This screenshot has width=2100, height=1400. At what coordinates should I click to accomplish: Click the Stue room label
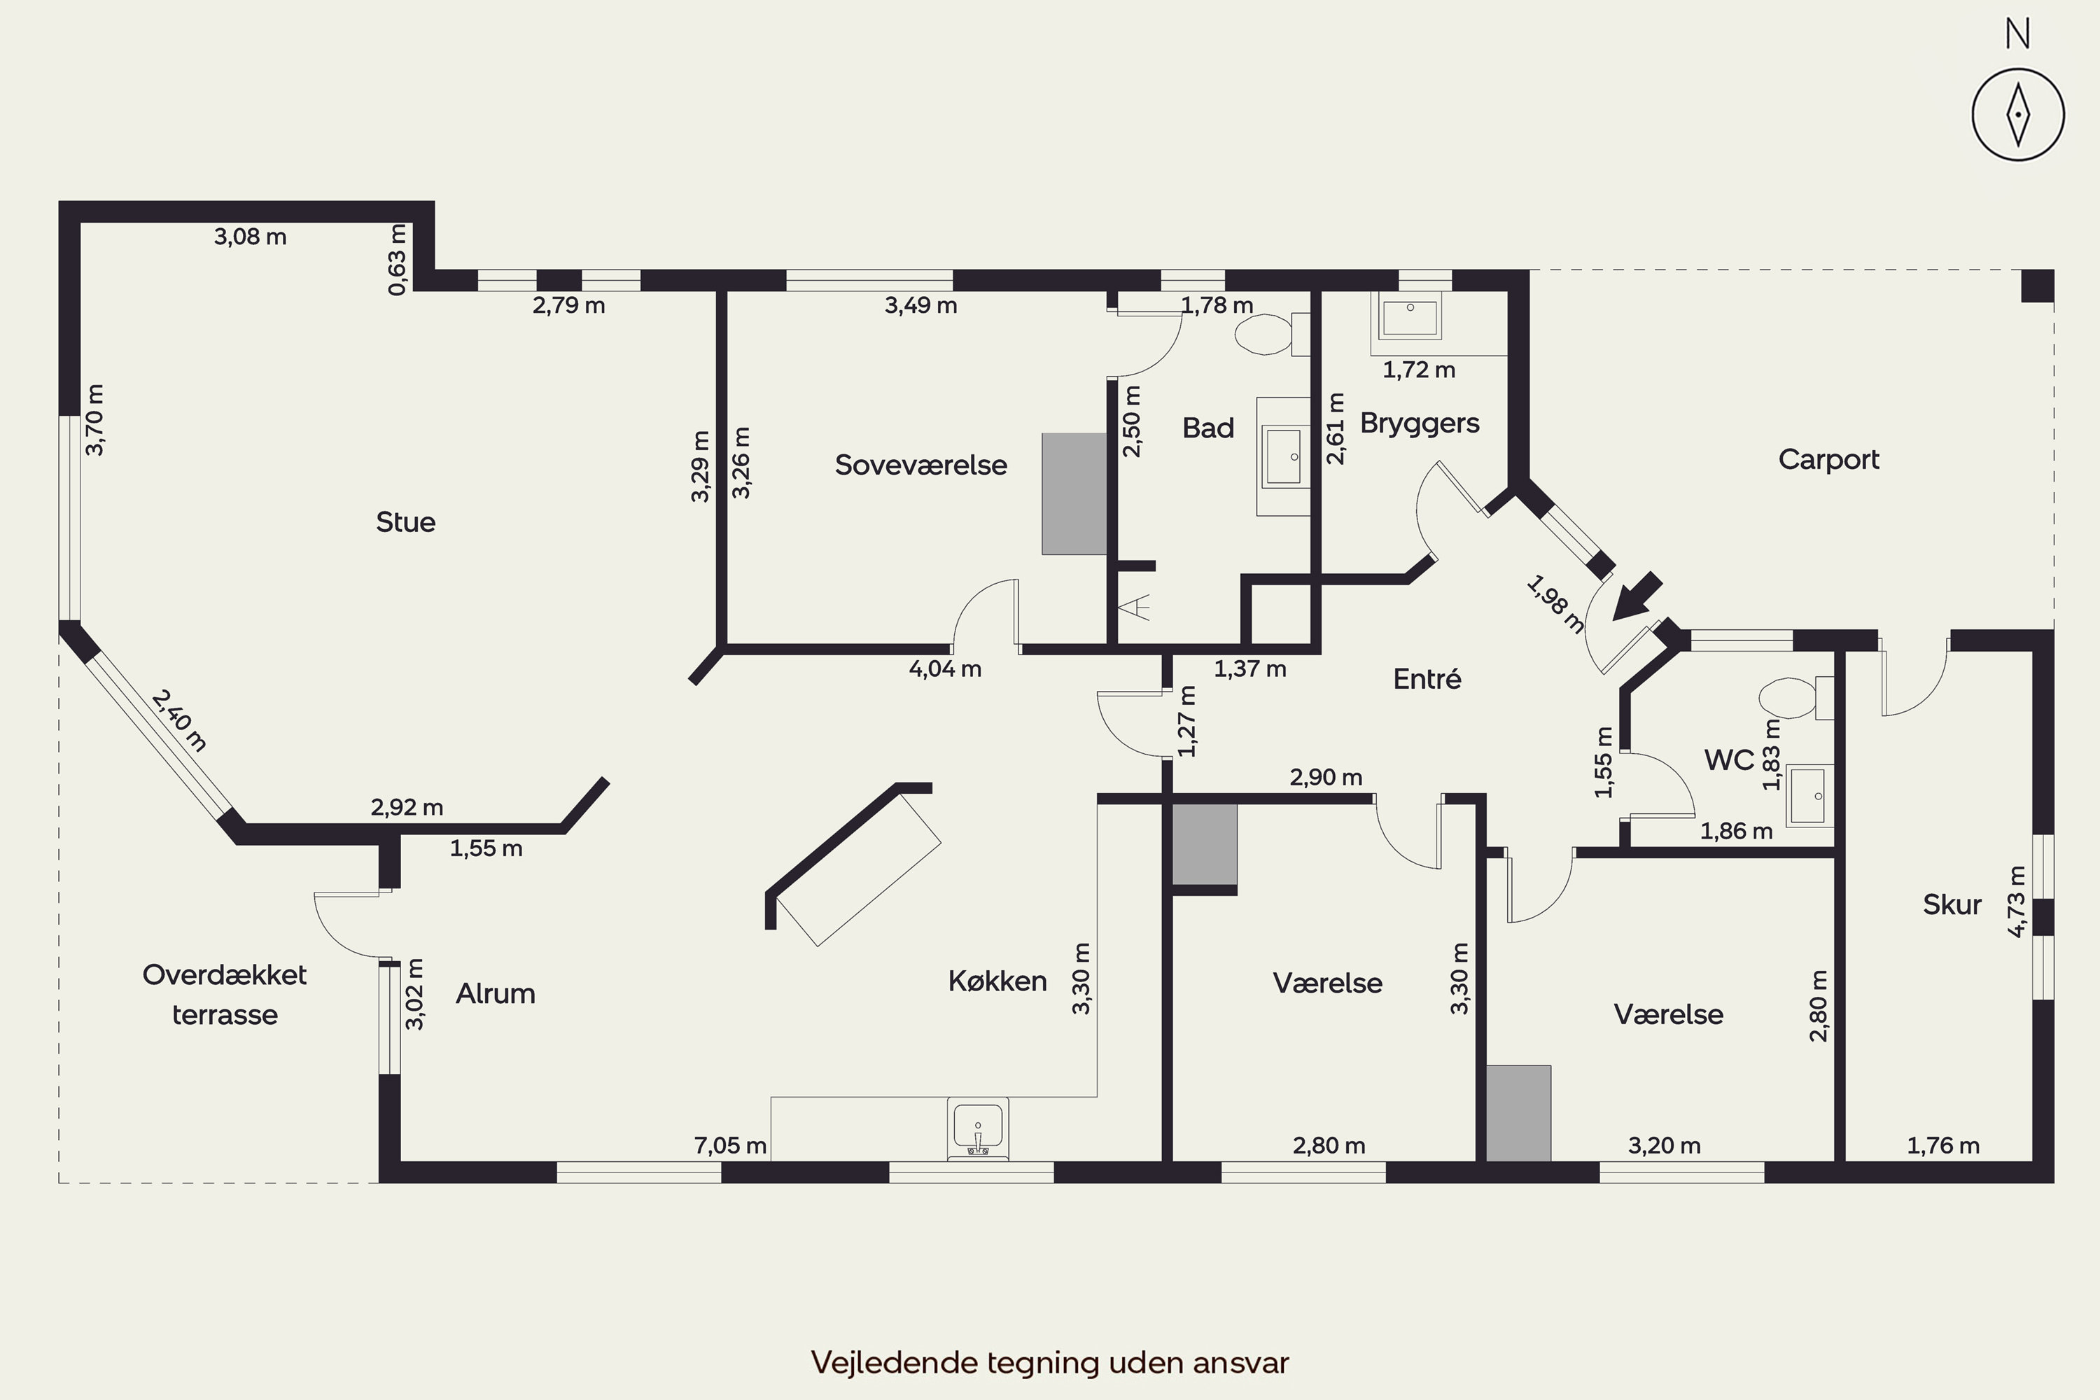pos(405,522)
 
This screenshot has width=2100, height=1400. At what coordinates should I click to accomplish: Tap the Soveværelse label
pos(920,465)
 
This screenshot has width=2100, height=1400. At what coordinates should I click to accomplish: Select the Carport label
pos(1828,460)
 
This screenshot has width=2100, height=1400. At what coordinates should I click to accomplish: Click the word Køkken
pos(997,982)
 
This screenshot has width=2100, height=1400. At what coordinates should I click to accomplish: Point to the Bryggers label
pos(1420,424)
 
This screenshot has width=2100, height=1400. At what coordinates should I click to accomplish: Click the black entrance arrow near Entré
pos(1637,596)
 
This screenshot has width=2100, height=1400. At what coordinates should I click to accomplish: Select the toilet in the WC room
pos(1795,697)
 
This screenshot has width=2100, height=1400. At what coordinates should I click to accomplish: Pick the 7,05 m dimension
pos(730,1145)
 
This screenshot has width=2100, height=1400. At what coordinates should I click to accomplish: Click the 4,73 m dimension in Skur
pos(2017,901)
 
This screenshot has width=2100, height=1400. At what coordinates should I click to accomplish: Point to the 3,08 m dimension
pos(250,237)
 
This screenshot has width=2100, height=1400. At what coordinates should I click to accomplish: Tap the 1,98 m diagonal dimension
pos(1555,605)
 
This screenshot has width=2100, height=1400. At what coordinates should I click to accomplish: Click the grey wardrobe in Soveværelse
pos(1074,493)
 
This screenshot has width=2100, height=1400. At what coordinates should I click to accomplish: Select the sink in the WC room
pos(1809,795)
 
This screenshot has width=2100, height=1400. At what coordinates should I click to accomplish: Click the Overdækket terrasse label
pos(225,995)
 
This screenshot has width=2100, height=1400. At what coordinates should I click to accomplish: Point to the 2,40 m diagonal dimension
pos(179,720)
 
